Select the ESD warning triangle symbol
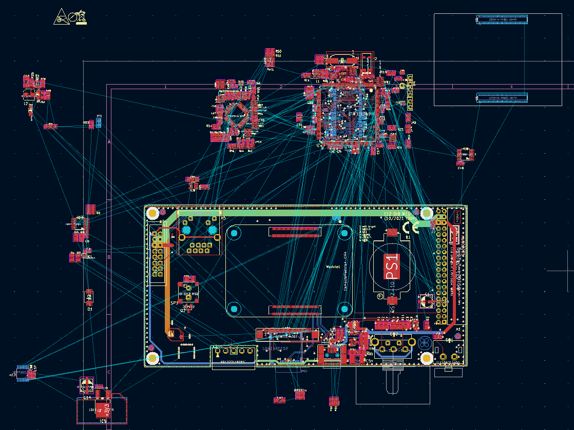pos(62,17)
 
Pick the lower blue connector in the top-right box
pos(502,97)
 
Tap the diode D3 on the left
pos(89,297)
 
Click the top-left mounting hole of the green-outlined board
pos(152,212)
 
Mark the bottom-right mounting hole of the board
pos(427,358)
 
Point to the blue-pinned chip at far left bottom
pos(22,373)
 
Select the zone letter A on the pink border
pos(109,141)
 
